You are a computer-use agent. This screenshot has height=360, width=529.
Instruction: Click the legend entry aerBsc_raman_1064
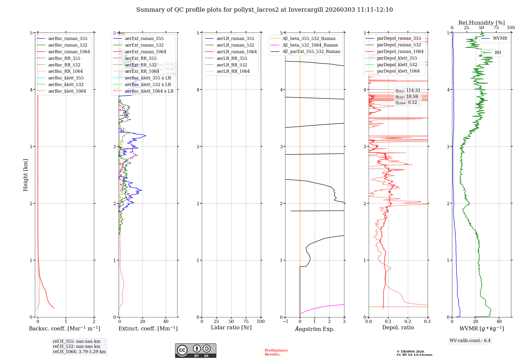pos(69,52)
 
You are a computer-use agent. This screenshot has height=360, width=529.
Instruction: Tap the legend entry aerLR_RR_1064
pos(233,71)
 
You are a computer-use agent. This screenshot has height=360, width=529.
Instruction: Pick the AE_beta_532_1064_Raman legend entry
pos(310,45)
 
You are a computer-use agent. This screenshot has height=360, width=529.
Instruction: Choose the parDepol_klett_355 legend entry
pos(397,58)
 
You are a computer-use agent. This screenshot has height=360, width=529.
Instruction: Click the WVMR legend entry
pos(500,38)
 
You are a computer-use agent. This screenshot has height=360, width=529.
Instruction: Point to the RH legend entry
pos(498,53)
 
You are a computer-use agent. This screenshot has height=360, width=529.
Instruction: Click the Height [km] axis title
pos(25,175)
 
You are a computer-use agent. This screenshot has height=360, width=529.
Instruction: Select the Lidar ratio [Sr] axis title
pos(231,327)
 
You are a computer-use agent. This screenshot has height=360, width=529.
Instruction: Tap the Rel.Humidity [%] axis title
pos(481,23)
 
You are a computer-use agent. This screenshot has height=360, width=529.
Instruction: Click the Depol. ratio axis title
pos(398,327)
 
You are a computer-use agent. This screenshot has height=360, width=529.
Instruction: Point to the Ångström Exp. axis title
pos(314,329)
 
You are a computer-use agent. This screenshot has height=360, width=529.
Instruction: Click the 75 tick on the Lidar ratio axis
pos(246,321)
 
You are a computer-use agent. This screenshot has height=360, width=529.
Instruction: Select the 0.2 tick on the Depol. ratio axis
pos(408,321)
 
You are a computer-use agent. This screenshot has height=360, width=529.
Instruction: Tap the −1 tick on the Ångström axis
pos(285,321)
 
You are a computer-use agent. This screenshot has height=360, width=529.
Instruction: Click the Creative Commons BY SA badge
pos(195,350)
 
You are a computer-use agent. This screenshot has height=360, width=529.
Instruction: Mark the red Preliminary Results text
pos(276,352)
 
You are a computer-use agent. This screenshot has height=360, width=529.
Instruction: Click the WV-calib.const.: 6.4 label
pos(470,340)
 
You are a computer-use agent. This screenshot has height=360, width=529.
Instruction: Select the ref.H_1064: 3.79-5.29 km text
pos(79,352)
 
